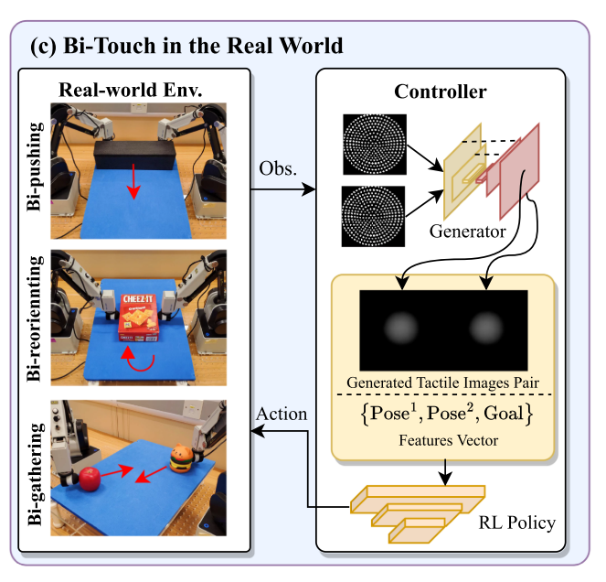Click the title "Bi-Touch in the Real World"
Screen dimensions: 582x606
187,45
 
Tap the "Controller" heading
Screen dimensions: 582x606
440,92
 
